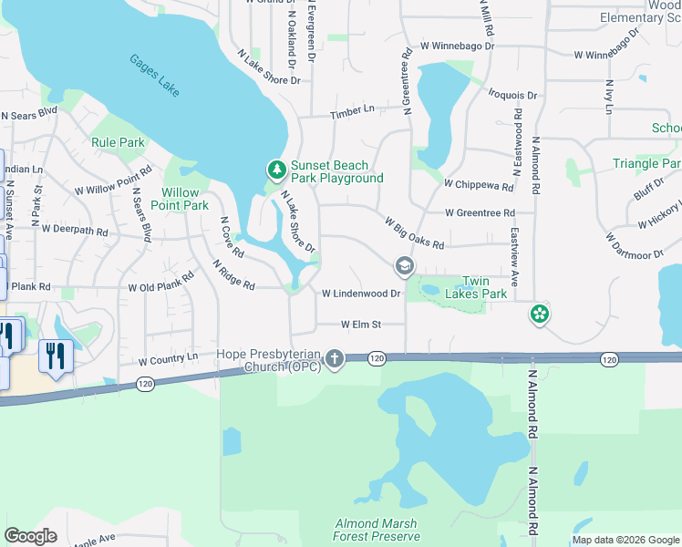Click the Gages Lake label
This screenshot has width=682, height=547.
(x=154, y=77)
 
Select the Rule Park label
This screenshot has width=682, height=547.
(x=119, y=142)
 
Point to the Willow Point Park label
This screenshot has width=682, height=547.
(x=185, y=199)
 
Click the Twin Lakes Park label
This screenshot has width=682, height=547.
(x=483, y=287)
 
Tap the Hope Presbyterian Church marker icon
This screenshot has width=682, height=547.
(x=335, y=359)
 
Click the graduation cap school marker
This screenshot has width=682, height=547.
(x=403, y=266)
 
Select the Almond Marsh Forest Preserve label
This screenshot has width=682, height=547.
(x=376, y=530)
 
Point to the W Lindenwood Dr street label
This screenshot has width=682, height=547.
(x=361, y=294)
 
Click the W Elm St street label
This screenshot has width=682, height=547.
(x=360, y=324)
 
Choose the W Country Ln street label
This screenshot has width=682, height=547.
(x=168, y=359)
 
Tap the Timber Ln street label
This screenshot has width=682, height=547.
(x=353, y=109)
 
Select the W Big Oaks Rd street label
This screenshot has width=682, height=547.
(x=414, y=232)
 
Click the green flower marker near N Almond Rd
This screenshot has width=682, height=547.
(x=540, y=315)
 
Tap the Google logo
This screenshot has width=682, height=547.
(x=31, y=536)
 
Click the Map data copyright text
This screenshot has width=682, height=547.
(x=625, y=540)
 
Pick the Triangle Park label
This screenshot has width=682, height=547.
(x=646, y=163)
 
